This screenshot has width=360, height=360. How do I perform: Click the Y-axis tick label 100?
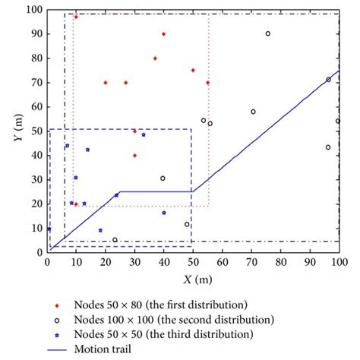click(33, 10)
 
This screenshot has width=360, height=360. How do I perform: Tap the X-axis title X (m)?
click(193, 279)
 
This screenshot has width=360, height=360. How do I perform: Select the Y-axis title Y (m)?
click(11, 131)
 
